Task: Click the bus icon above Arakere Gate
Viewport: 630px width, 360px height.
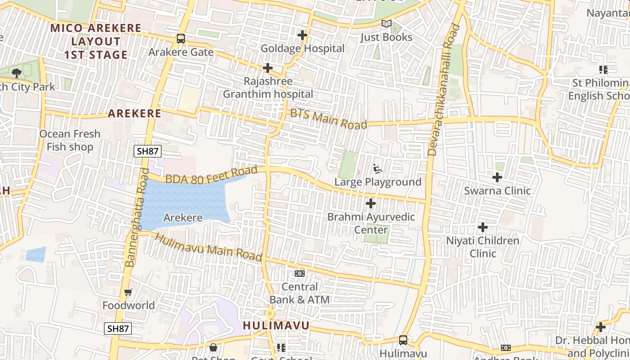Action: (181, 39)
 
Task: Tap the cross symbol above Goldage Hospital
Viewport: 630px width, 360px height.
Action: (302, 35)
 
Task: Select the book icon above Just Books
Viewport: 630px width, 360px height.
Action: (386, 23)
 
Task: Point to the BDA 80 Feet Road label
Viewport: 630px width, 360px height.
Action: (211, 175)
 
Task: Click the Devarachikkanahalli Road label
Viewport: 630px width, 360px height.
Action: (444, 90)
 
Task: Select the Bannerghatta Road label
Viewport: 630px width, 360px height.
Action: (137, 217)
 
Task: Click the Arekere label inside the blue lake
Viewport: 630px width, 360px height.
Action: (183, 218)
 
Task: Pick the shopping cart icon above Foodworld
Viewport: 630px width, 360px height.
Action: (128, 292)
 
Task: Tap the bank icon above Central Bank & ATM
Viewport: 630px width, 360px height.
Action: (299, 274)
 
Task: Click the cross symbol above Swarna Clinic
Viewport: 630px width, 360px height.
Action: (497, 177)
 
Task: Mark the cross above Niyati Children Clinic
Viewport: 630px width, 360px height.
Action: (483, 227)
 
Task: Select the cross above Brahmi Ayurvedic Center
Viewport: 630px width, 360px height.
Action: (371, 204)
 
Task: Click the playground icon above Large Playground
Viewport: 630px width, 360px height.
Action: (378, 169)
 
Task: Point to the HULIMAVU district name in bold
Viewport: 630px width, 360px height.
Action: (276, 326)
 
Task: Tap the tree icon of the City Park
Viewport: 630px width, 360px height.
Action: (17, 73)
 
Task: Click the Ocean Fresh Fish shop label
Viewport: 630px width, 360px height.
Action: (70, 140)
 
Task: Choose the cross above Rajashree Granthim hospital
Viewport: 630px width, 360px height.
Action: (268, 68)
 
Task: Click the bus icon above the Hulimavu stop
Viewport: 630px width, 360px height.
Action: (403, 340)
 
